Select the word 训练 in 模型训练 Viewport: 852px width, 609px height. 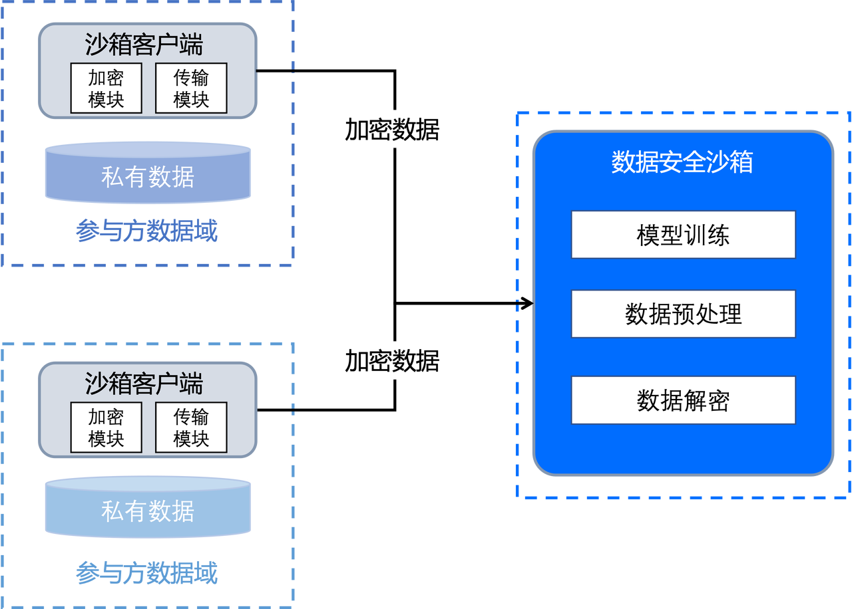(706, 235)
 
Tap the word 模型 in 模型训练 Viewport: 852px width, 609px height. (660, 235)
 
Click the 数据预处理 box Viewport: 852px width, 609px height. (683, 314)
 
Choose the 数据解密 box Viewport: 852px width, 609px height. (683, 400)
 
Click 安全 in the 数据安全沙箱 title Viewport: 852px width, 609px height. (682, 162)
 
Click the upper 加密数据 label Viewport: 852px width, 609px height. (392, 129)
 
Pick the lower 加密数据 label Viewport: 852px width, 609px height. (392, 360)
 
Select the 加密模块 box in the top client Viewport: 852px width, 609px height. (106, 88)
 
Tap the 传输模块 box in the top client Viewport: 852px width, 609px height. (191, 88)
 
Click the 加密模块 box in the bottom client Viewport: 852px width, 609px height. (106, 427)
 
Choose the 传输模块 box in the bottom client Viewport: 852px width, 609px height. (191, 427)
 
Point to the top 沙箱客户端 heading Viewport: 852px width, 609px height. (144, 45)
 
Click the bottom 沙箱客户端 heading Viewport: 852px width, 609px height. (144, 384)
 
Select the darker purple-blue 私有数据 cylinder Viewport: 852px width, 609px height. (148, 177)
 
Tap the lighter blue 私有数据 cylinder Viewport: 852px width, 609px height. (148, 511)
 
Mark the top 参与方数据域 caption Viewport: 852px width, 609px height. (147, 233)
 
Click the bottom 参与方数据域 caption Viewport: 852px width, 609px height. (147, 572)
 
